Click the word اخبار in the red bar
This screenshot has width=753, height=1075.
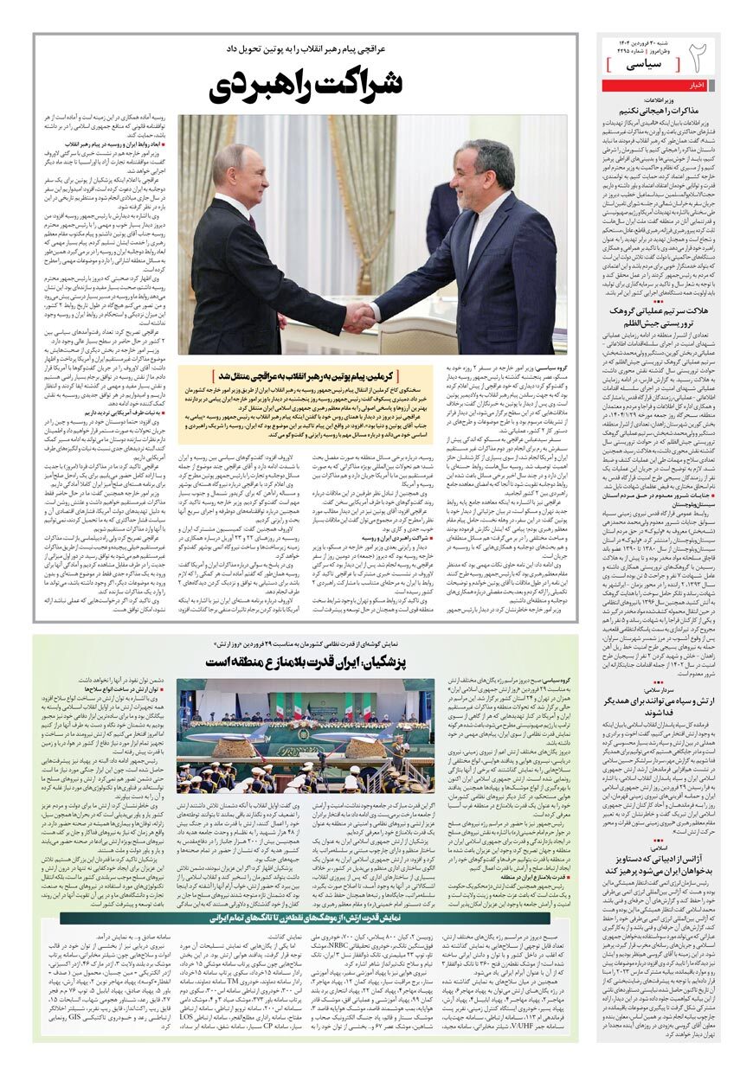click(698, 85)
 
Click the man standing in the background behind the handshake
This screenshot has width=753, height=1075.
click(443, 212)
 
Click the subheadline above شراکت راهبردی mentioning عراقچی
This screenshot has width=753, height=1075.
click(307, 51)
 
